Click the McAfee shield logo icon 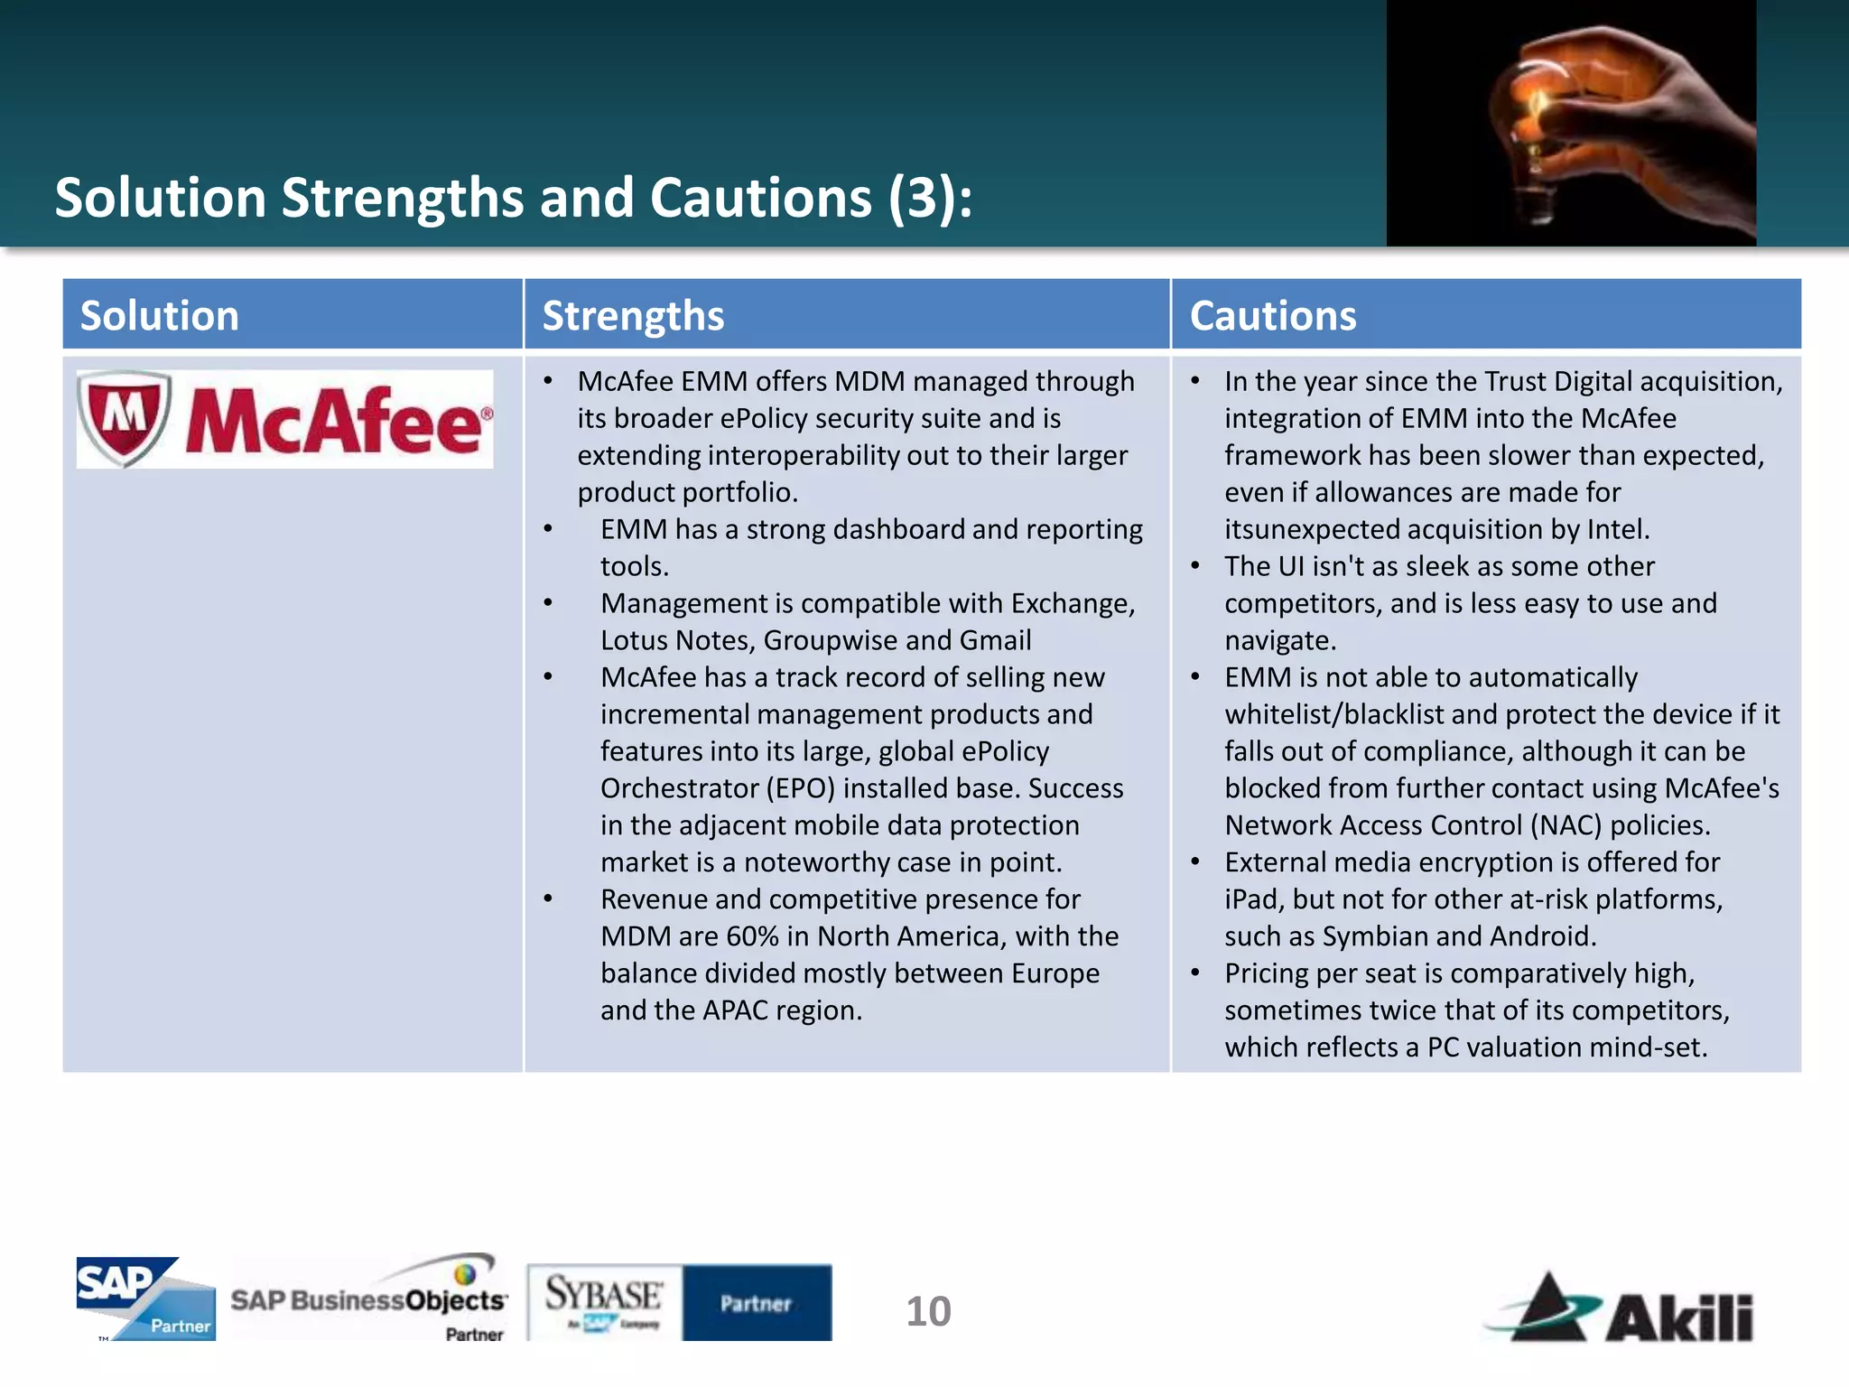pos(125,417)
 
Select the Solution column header pos(160,316)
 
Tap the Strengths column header pos(633,316)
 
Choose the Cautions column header pos(1272,316)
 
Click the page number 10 pos(928,1311)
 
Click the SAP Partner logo pos(145,1299)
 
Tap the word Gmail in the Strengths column pos(995,640)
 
